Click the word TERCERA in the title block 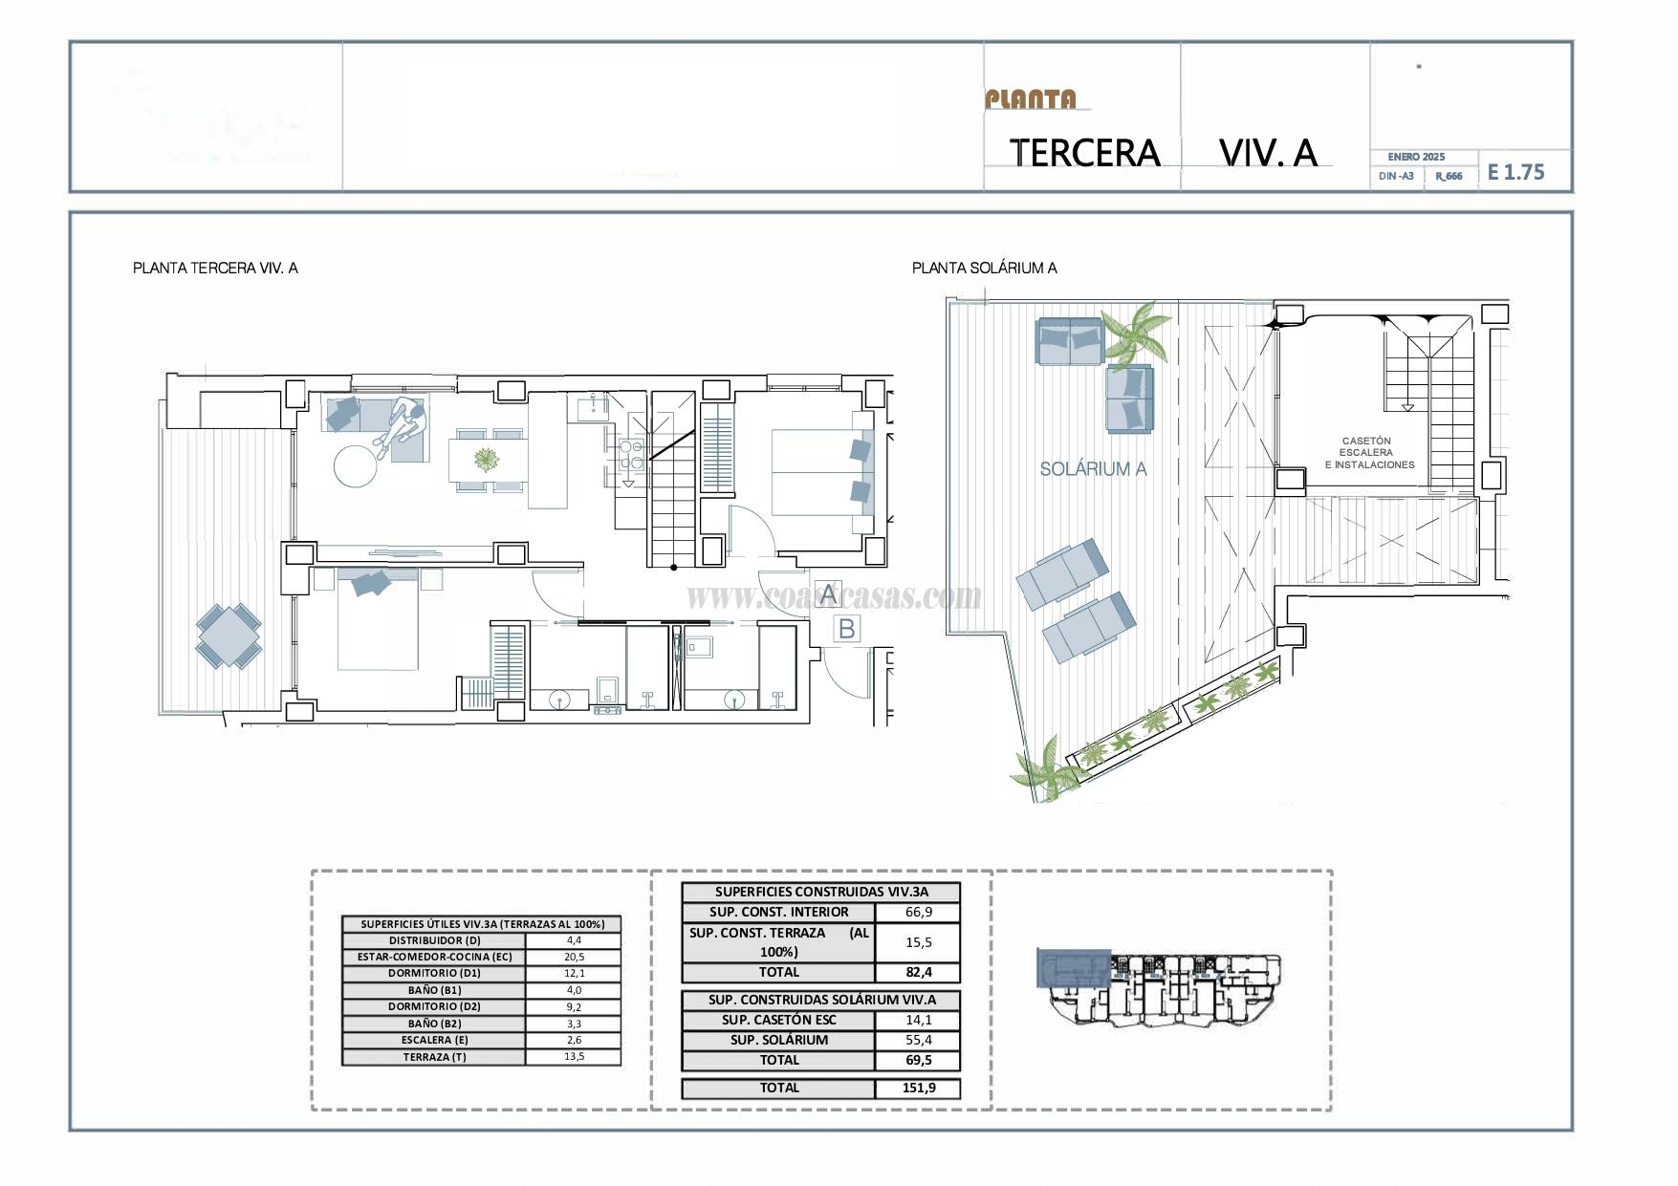[x=1084, y=153]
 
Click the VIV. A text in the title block [x=1268, y=153]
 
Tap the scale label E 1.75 [x=1515, y=172]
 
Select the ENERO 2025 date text [x=1416, y=157]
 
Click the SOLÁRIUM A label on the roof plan [x=1093, y=469]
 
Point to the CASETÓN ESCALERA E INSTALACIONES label [x=1368, y=453]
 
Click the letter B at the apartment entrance [x=846, y=629]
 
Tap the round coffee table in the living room [x=357, y=467]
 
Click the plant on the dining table [x=488, y=461]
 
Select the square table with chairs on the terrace [x=229, y=636]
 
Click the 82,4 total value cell [x=918, y=973]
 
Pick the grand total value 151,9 [x=918, y=1088]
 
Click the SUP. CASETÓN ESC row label [x=778, y=1020]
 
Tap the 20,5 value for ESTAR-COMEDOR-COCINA [x=574, y=957]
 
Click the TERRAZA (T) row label [x=434, y=1057]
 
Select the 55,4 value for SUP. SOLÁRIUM [x=918, y=1040]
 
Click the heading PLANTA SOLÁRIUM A [x=984, y=269]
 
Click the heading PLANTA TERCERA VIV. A [x=215, y=269]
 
